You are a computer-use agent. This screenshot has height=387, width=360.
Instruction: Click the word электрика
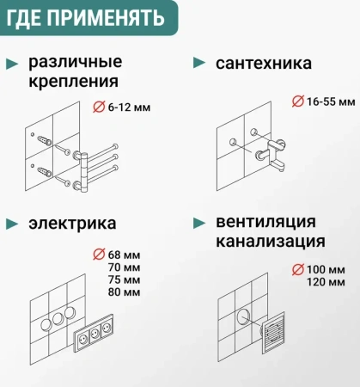click(72, 223)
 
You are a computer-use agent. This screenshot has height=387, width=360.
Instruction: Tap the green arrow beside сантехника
click(198, 63)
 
